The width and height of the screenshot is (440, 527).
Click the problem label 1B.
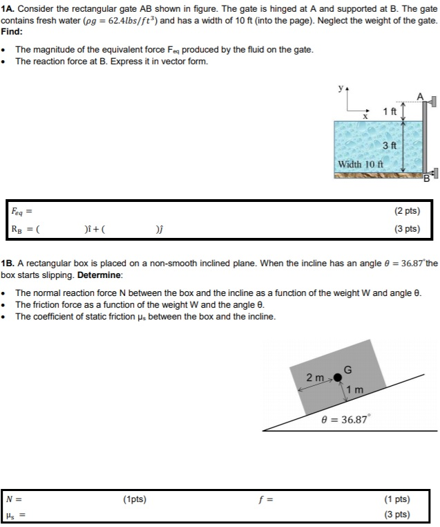tap(8, 263)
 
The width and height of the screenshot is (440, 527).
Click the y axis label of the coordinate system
tap(339, 89)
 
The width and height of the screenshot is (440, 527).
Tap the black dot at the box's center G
tap(338, 377)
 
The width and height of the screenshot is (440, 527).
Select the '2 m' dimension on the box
tap(315, 378)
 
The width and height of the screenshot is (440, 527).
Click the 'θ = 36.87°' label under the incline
tap(346, 418)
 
